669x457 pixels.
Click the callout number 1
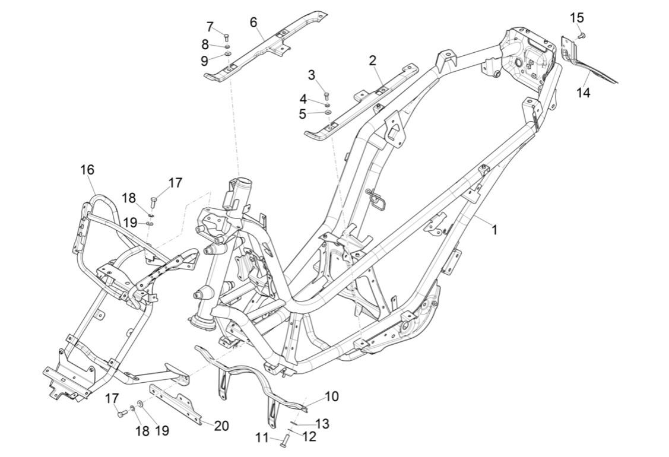tap(494, 229)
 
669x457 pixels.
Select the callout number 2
tap(372, 60)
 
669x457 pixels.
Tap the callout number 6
tap(253, 22)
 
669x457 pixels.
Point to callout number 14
tap(584, 93)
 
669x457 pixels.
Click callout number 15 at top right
tap(577, 18)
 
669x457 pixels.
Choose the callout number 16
tap(87, 170)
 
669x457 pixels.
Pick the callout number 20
tap(221, 426)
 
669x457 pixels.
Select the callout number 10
tap(332, 396)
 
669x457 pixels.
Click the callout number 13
tap(322, 424)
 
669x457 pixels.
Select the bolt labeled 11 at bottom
tap(284, 440)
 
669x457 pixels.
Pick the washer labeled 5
tap(327, 112)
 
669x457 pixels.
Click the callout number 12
tap(309, 437)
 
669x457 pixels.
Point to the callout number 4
tap(304, 99)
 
